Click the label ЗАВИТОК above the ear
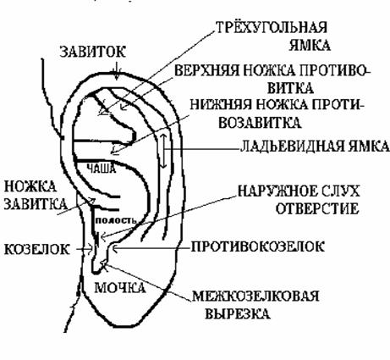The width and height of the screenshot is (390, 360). (x=92, y=52)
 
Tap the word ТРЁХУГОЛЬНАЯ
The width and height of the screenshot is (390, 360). (x=272, y=27)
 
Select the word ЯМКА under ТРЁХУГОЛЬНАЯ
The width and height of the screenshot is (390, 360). (x=310, y=45)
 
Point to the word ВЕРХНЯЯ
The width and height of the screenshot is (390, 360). (x=206, y=70)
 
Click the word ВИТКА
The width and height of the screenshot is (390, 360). (x=290, y=88)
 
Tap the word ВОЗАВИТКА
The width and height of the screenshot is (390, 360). (x=259, y=123)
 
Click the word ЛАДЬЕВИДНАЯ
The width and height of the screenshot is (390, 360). (x=293, y=147)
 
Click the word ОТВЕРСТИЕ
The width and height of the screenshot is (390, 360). (x=317, y=208)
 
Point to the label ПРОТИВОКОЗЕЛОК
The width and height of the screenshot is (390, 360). (x=258, y=246)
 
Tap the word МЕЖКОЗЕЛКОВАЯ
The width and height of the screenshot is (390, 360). (x=255, y=296)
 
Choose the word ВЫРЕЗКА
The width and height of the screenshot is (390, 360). (x=238, y=313)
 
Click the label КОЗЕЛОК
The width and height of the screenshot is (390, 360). (x=36, y=249)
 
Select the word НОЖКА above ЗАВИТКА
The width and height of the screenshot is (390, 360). (x=30, y=186)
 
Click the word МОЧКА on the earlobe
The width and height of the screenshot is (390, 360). (x=120, y=288)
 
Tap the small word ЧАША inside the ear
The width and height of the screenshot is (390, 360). (x=102, y=169)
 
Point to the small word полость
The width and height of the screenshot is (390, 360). (x=116, y=220)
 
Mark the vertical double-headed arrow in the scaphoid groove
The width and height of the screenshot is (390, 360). (x=163, y=151)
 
